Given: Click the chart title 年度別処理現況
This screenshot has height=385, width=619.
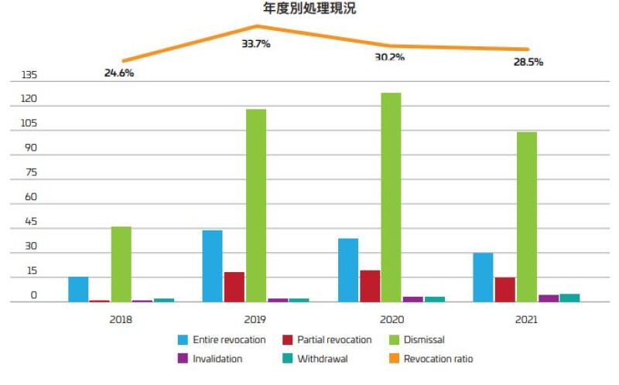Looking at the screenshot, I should (x=309, y=9).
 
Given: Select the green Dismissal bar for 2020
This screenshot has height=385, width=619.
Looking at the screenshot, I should (x=391, y=197).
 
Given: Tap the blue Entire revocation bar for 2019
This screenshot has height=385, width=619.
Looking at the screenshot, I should (x=212, y=266).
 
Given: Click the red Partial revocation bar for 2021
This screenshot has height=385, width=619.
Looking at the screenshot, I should (x=505, y=289).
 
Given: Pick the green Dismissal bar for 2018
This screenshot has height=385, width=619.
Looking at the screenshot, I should (x=121, y=264).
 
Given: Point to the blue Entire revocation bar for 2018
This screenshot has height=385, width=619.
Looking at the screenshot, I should (x=78, y=289).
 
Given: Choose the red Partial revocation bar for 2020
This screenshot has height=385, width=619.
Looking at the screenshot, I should (x=370, y=286).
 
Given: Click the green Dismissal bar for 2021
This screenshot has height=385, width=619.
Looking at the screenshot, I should (x=527, y=216).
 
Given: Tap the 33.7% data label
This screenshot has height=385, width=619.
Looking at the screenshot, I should (x=256, y=44).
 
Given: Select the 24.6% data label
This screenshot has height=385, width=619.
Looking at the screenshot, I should (x=119, y=73).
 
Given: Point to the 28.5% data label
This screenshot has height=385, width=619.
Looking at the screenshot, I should (x=528, y=62).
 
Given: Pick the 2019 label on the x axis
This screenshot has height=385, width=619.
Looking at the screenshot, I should (x=255, y=319).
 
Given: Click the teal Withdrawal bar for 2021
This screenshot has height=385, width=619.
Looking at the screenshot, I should (x=569, y=298).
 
